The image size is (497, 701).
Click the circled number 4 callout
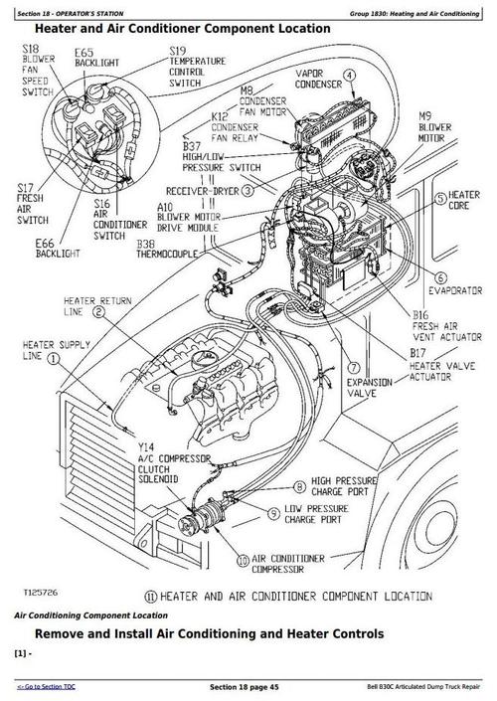click(x=350, y=76)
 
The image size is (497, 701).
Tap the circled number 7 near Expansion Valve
click(x=354, y=368)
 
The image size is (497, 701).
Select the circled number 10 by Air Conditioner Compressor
click(x=243, y=561)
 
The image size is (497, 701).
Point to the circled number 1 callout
click(x=54, y=358)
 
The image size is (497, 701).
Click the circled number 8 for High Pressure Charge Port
click(x=300, y=486)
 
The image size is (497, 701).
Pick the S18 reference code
click(x=31, y=49)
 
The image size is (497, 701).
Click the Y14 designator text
click(x=146, y=447)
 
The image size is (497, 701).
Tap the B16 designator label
click(x=420, y=315)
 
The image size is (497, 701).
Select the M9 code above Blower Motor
click(x=425, y=116)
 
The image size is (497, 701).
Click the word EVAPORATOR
click(x=455, y=291)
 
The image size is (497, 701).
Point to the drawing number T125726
click(x=40, y=593)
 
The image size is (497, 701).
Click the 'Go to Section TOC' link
click(x=47, y=687)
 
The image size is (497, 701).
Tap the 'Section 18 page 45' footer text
click(x=245, y=687)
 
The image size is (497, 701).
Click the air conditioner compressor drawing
click(x=199, y=518)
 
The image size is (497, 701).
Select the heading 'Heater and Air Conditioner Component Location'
click(x=183, y=29)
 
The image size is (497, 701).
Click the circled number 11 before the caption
click(x=151, y=597)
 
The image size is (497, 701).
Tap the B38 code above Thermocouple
click(x=146, y=244)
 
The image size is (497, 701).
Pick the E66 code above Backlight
click(x=45, y=244)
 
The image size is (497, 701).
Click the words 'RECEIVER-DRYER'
click(x=203, y=191)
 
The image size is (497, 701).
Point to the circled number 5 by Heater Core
click(x=440, y=197)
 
